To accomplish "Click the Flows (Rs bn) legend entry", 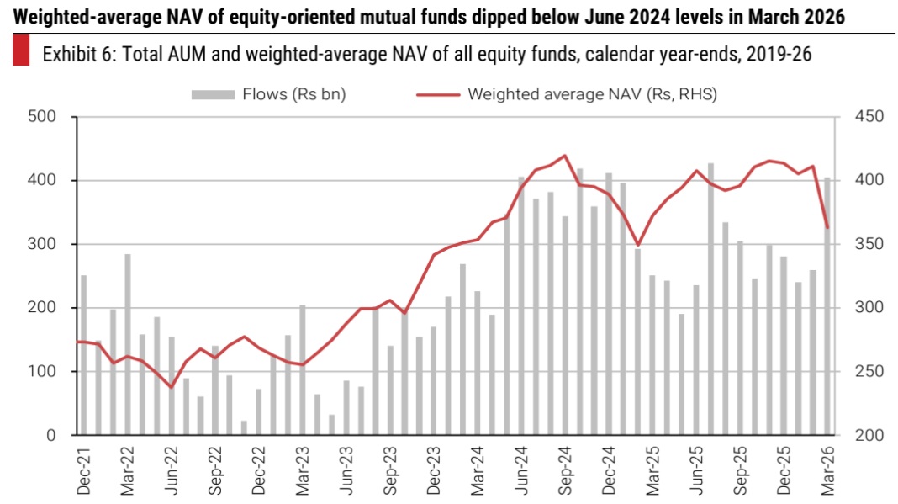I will [268, 94].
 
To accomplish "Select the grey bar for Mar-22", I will [128, 344].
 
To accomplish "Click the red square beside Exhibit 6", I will [22, 52].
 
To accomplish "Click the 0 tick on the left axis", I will [52, 435].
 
